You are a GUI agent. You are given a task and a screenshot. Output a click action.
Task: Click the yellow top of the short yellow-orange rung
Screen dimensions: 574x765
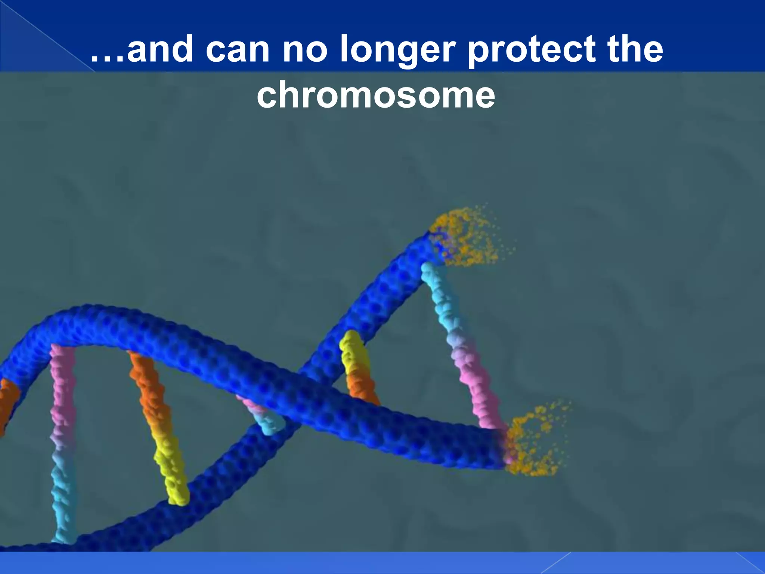(353, 351)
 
